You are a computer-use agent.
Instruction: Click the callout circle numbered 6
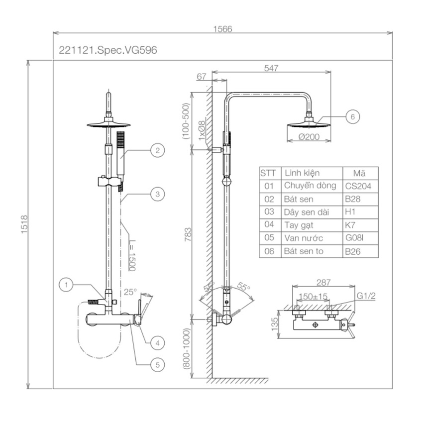click(353, 117)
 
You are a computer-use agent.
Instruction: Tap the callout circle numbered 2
click(158, 150)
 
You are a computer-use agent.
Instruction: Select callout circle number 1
click(66, 285)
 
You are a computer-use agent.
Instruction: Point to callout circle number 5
click(158, 365)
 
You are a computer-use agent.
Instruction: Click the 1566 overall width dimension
click(222, 29)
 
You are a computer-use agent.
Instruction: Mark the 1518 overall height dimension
click(24, 224)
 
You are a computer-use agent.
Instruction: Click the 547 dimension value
click(271, 68)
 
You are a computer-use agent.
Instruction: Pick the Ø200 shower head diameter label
click(309, 137)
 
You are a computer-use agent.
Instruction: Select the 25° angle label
click(130, 292)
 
